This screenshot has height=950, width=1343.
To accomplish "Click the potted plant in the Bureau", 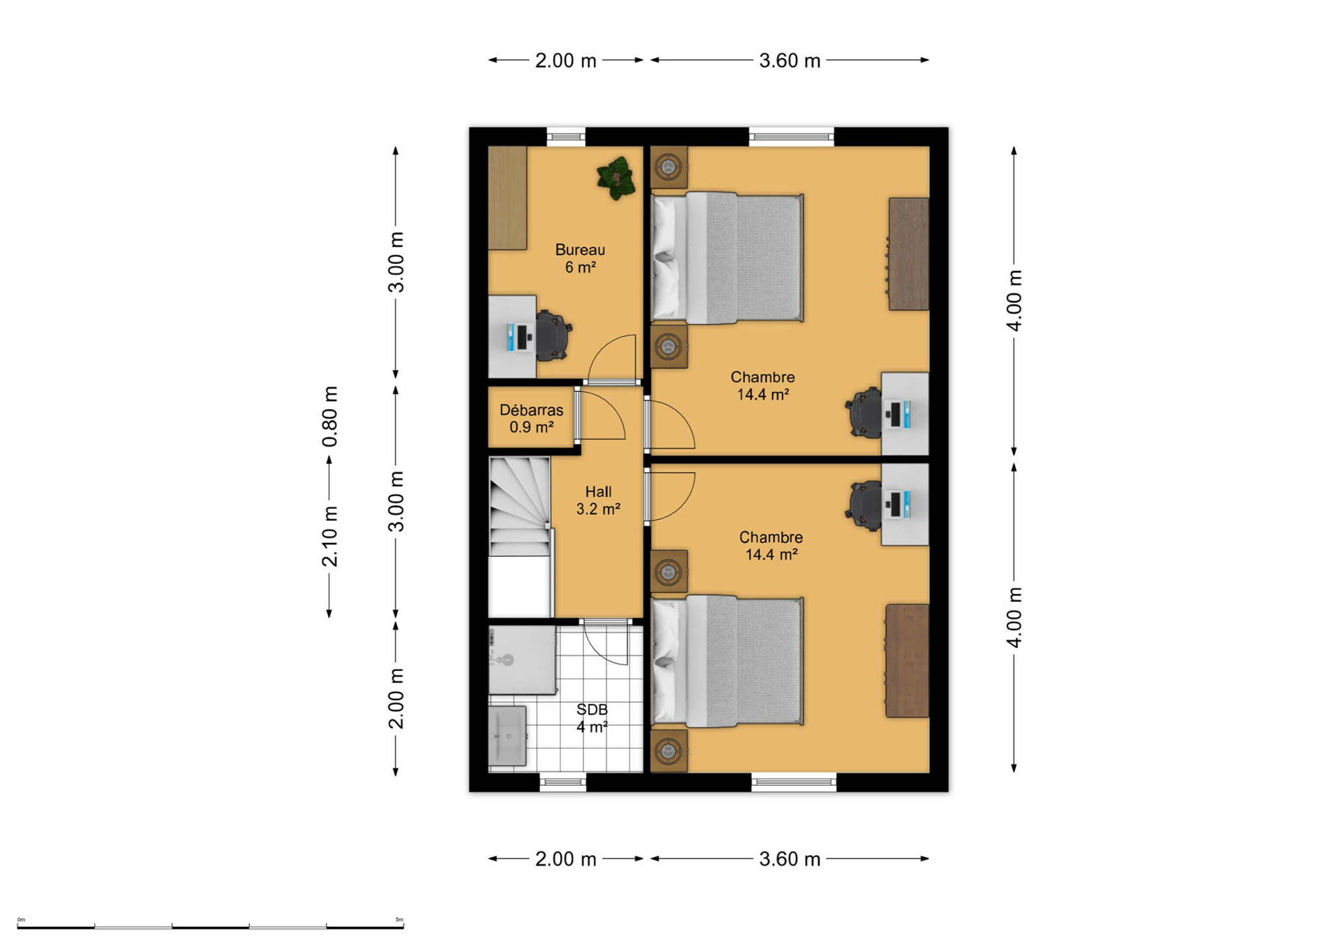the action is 616,178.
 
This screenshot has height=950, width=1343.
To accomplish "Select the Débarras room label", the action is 531,418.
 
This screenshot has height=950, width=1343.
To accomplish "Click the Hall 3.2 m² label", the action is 598,500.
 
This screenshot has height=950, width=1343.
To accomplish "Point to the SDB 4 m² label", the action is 592,718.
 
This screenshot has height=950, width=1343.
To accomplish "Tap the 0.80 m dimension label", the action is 330,416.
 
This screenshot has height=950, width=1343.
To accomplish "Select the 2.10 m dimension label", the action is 330,536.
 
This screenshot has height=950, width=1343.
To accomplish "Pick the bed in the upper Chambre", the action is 727,258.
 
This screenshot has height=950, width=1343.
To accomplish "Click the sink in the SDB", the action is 507,736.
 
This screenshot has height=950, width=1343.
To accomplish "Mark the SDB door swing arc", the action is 606,645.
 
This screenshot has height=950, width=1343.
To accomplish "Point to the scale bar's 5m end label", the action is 399,919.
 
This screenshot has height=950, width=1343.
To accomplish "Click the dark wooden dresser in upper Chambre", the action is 909,254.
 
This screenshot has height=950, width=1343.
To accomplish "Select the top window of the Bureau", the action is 566,137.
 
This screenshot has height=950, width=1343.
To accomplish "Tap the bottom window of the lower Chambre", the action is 794,782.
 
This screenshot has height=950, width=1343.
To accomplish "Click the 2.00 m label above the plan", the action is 566,61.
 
